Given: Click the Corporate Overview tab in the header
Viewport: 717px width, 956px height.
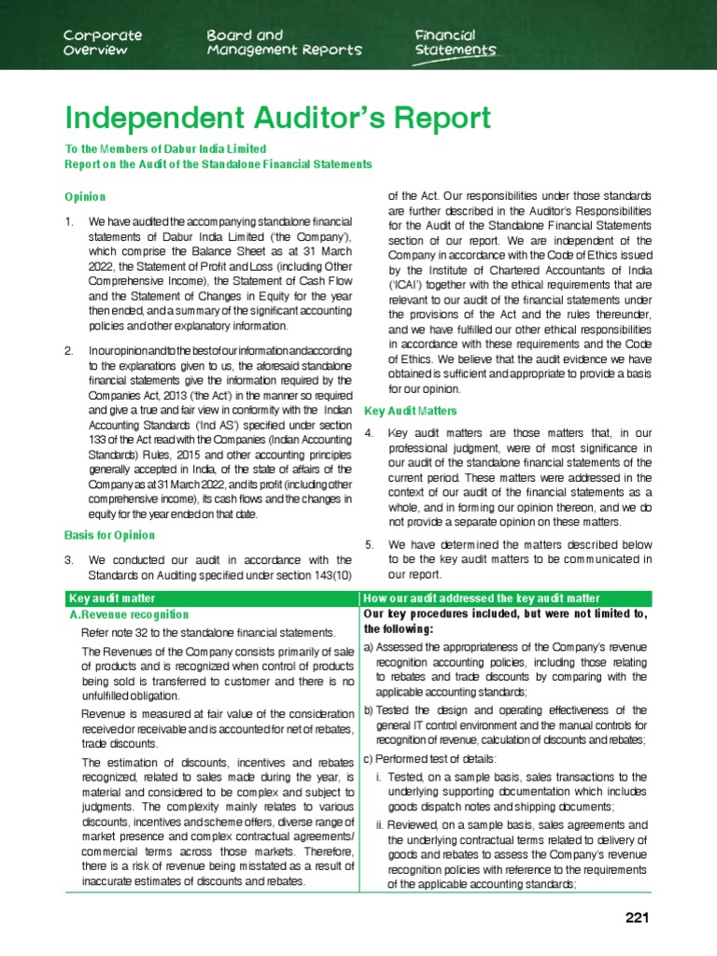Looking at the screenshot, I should point(103,42).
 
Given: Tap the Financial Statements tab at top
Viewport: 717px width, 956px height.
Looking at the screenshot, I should point(456,42).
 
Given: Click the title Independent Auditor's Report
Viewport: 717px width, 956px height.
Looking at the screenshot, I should point(277,119).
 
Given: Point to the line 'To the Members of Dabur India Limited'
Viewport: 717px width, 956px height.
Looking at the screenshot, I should point(165,149).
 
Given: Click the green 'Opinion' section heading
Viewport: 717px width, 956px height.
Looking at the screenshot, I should point(84,197).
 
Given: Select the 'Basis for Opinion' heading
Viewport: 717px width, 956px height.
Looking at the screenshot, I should point(109,536).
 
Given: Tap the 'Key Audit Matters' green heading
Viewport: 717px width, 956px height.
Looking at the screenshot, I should point(410,411).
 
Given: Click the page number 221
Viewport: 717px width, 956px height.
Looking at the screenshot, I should point(637,918).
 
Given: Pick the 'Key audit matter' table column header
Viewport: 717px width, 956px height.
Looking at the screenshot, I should point(113,597).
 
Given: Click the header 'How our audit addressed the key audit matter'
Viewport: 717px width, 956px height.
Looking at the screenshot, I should point(482,597).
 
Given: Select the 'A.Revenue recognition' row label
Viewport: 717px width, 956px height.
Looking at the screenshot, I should point(130,615).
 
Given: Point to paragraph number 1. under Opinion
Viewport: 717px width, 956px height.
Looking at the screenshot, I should point(69,222).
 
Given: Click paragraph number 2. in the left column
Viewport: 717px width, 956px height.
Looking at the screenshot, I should point(69,351).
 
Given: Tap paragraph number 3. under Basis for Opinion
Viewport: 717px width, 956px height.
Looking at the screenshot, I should point(69,560).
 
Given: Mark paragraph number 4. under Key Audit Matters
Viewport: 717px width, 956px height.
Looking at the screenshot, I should point(370,434).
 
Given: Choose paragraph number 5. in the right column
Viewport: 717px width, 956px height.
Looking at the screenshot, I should point(370,544).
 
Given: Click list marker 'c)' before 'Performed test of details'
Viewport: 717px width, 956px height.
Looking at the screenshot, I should point(369,758).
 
